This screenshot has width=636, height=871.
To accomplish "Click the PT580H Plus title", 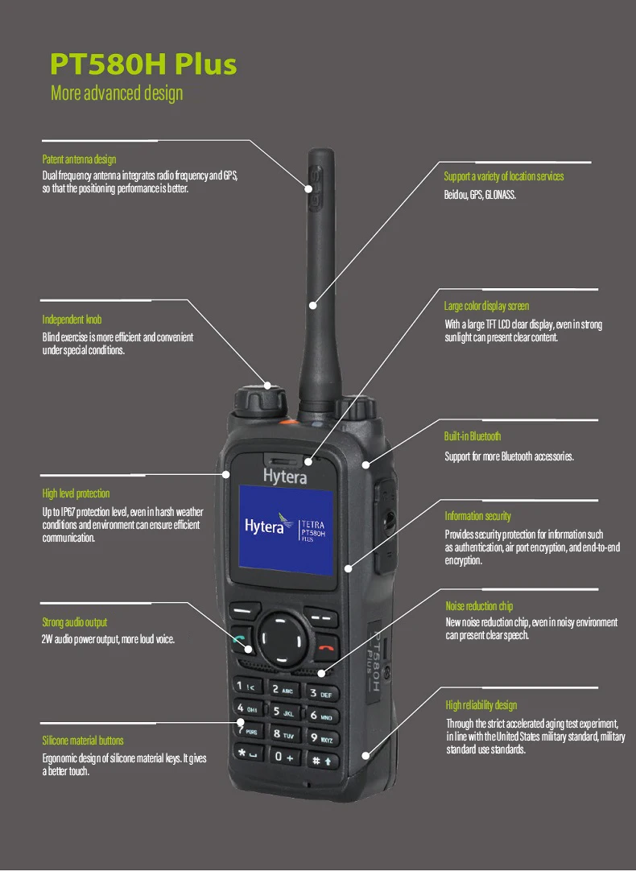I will tap(144, 64).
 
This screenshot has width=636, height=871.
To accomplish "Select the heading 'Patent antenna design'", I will tap(79, 159).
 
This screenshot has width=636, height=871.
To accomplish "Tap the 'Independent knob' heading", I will tap(72, 320).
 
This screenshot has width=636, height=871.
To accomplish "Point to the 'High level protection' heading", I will tap(76, 493).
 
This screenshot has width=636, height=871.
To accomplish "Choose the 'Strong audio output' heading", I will tap(74, 622).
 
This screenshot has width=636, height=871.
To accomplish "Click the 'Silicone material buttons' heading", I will tap(83, 741).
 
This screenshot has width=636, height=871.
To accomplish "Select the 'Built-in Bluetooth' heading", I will tap(473, 436).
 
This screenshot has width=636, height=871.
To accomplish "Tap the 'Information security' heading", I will tap(477, 516).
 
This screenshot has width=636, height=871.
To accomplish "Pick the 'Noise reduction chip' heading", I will tap(479, 606).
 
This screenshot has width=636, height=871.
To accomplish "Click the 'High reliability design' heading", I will tap(481, 705).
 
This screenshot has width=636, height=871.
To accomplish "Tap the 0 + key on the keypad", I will tap(283, 757).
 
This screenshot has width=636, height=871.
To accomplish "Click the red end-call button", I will tap(326, 643).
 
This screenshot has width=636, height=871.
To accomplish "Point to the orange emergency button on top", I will tap(286, 421).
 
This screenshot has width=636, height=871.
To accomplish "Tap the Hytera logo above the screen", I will tap(285, 477).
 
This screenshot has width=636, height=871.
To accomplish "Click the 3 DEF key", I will tap(320, 692).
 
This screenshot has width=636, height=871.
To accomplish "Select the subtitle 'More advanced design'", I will tap(117, 93).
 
